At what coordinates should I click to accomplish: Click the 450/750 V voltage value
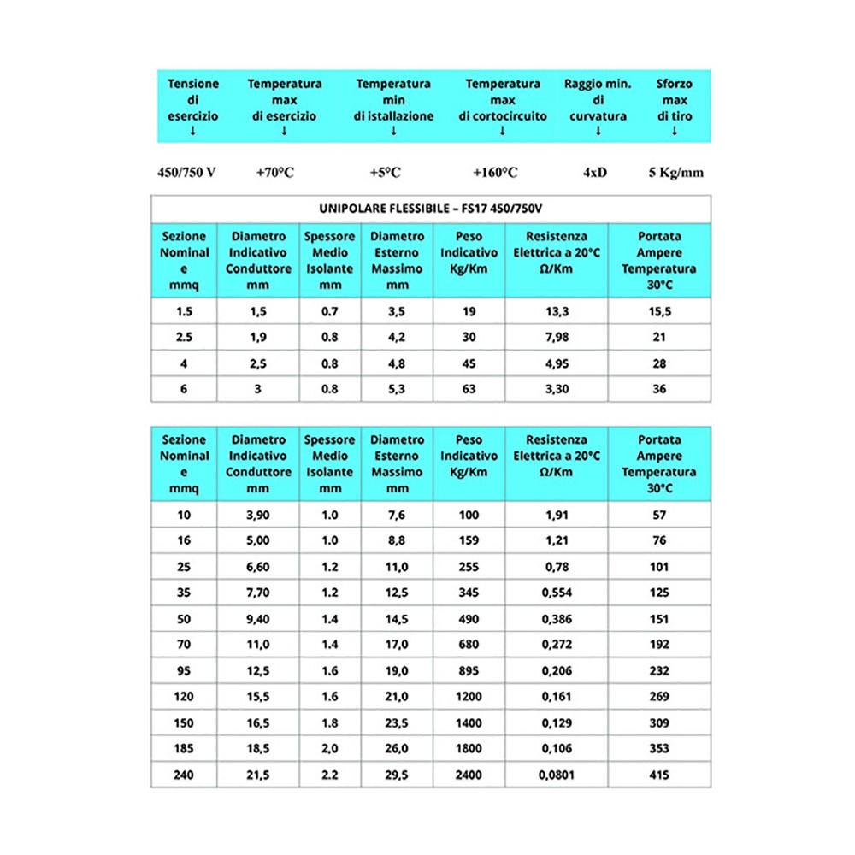click(x=186, y=173)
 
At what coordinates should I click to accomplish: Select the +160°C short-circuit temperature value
click(x=495, y=173)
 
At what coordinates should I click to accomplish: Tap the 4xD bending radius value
click(x=595, y=173)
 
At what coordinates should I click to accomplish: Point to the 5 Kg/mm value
click(x=675, y=173)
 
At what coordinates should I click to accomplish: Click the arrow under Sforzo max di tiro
click(x=675, y=131)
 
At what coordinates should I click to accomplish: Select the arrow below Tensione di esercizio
click(x=192, y=131)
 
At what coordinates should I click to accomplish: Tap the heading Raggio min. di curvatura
click(x=598, y=99)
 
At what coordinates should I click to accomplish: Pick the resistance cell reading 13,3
click(x=557, y=311)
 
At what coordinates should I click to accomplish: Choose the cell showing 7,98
click(x=557, y=337)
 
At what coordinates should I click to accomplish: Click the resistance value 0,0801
click(x=557, y=775)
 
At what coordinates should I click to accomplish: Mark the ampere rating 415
click(x=659, y=775)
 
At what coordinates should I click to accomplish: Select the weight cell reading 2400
click(x=469, y=775)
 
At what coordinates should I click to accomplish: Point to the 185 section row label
click(x=185, y=749)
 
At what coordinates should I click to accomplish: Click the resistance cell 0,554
click(x=557, y=593)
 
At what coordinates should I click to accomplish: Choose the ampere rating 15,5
click(x=659, y=311)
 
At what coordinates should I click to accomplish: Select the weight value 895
click(x=469, y=671)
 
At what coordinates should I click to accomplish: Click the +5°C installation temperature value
click(x=386, y=173)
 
